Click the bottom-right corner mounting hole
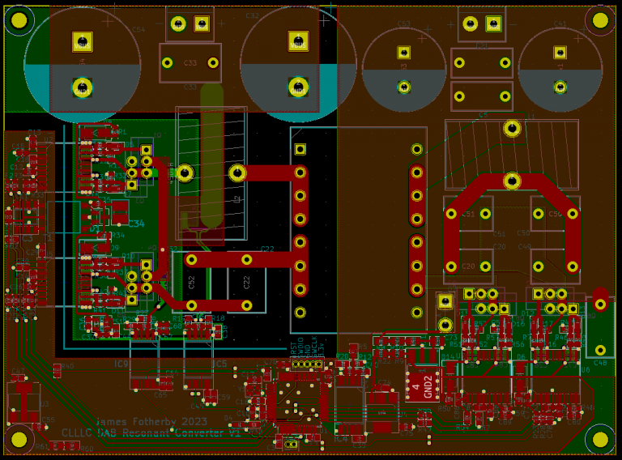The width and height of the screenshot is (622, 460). click(x=600, y=439)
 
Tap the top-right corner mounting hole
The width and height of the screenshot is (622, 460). click(x=600, y=20)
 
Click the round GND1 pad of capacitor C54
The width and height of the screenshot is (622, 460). click(x=82, y=87)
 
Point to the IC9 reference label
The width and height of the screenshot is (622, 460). click(x=122, y=364)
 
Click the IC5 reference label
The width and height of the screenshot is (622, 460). click(x=220, y=364)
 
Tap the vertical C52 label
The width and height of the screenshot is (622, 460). click(x=192, y=281)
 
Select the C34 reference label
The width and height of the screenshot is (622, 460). click(x=136, y=224)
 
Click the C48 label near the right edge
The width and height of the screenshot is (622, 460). click(x=600, y=364)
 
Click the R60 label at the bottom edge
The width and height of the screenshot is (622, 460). click(x=87, y=448)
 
